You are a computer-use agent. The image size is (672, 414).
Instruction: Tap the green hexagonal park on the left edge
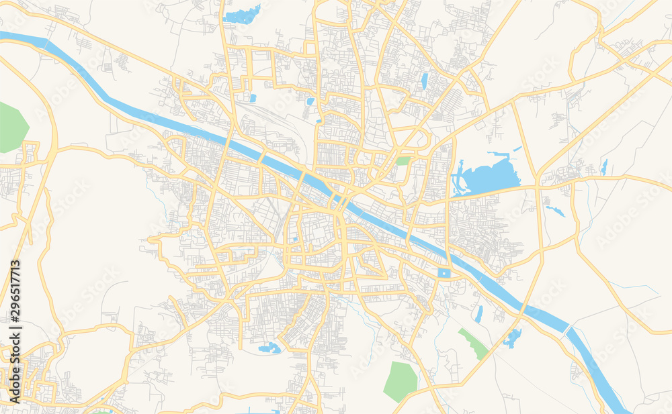(13, 127)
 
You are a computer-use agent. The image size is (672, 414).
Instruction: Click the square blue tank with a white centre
(443, 273)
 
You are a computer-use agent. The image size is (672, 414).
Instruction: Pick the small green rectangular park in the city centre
(403, 161)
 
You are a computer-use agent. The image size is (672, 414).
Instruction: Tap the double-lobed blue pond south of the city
(269, 348)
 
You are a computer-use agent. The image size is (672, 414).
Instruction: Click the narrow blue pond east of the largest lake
(604, 167)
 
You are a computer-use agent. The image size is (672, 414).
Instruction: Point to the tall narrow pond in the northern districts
(424, 81)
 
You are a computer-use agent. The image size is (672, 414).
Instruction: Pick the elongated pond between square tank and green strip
(478, 313)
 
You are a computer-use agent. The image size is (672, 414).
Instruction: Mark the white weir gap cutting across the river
(567, 331)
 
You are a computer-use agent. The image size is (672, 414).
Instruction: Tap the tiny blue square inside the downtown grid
(294, 240)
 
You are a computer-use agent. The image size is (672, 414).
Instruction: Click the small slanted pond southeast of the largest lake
(555, 211)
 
